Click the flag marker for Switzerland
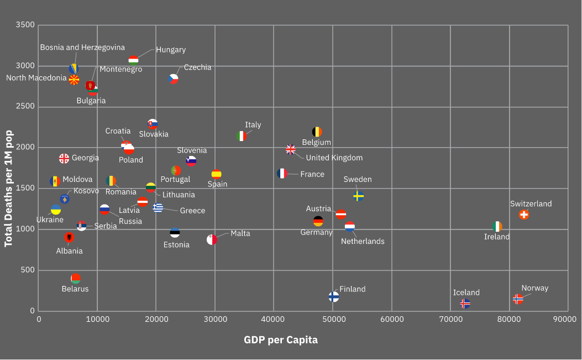pos(524,215)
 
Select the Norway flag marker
pos(518,299)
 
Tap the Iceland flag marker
pos(465,304)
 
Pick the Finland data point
pos(334,297)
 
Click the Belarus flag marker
pos(76,278)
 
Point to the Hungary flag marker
pos(133,60)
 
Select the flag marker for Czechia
pos(174,79)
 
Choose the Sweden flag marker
pos(358,196)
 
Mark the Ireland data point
pos(497,226)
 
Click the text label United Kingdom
pos(334,158)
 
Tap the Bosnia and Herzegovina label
pos(82,48)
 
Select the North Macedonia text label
pos(36,78)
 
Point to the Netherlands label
pos(363,241)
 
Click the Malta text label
pos(240,233)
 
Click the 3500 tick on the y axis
pos(25,25)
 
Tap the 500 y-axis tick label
pos(28,270)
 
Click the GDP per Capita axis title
pos(281,340)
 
